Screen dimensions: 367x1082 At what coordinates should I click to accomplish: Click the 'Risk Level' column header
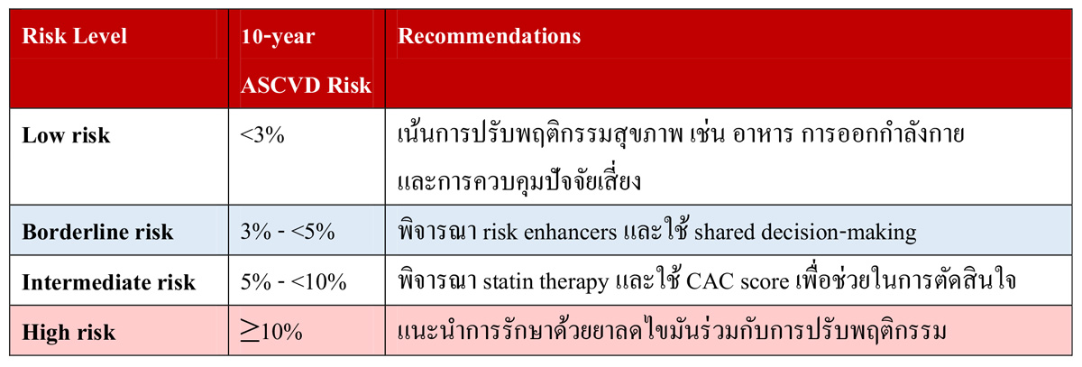(x=74, y=37)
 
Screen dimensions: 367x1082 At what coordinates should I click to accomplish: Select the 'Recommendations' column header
(x=490, y=37)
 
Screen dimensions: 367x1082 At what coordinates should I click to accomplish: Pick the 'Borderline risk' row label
(x=97, y=232)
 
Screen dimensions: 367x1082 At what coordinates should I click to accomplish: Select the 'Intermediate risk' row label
(x=108, y=281)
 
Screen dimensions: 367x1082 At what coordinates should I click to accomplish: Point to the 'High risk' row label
(x=69, y=331)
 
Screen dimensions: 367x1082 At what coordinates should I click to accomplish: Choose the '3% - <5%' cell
(x=288, y=232)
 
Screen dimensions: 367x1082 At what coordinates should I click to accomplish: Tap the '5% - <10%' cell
(x=293, y=281)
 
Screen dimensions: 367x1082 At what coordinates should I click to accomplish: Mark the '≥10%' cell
(x=271, y=331)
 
